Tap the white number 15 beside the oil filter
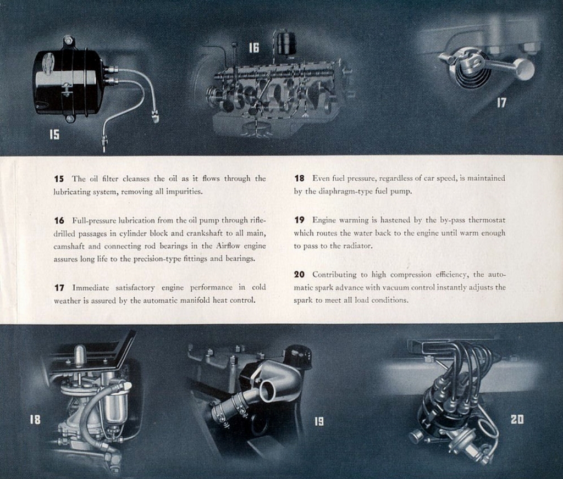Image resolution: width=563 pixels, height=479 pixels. (x=54, y=133)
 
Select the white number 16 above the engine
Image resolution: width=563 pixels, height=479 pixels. (x=253, y=48)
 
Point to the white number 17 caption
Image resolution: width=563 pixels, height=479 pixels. (x=501, y=103)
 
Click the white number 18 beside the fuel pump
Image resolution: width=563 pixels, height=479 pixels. (x=35, y=419)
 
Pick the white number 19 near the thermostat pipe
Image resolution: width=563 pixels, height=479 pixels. (x=319, y=421)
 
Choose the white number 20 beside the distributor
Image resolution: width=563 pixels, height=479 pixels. (x=517, y=419)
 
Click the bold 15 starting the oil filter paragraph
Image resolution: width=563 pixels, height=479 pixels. (x=59, y=179)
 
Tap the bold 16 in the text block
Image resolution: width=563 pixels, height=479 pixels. (x=59, y=220)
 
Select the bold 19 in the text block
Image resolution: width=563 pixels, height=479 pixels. (x=299, y=220)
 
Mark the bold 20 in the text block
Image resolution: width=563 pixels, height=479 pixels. (x=299, y=274)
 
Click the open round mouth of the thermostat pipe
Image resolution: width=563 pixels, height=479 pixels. (x=267, y=391)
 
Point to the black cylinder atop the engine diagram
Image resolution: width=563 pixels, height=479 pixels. (x=286, y=43)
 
